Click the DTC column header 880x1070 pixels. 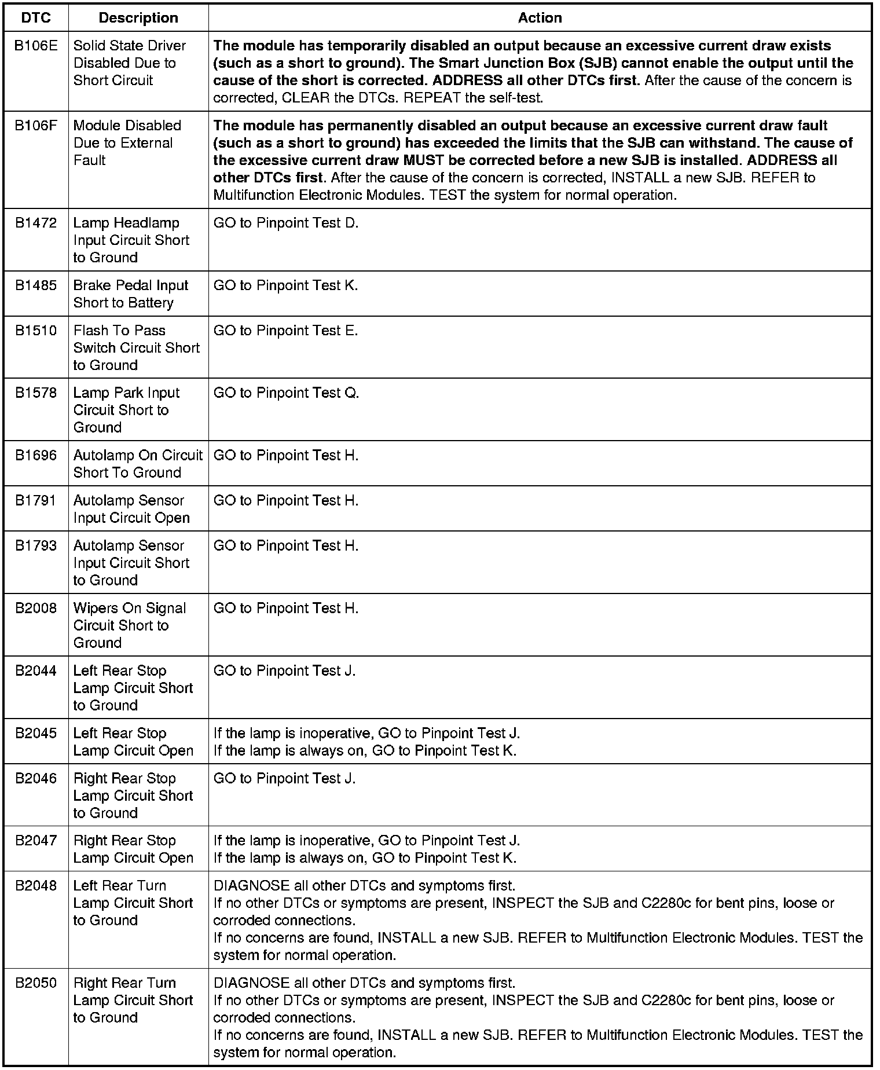(36, 18)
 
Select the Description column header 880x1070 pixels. (138, 18)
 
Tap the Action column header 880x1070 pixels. (540, 18)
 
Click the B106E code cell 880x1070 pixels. (36, 46)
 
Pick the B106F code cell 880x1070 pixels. (36, 126)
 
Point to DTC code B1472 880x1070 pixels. (36, 223)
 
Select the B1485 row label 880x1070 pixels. (36, 285)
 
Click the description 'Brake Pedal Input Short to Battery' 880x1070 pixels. (131, 294)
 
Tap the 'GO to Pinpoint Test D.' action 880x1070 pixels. (286, 223)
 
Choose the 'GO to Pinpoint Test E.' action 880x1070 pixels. (286, 331)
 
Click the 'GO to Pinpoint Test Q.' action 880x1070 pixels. (286, 393)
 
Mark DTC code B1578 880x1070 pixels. (36, 393)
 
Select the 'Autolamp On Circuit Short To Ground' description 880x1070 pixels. (138, 464)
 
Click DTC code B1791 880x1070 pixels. (36, 501)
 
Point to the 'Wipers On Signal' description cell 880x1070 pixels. (130, 625)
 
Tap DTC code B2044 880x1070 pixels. (36, 671)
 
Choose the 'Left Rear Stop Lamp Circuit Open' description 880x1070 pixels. (133, 742)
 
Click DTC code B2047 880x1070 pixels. (36, 841)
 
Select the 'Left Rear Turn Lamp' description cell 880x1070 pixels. (133, 903)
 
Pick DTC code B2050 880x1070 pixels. (36, 983)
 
